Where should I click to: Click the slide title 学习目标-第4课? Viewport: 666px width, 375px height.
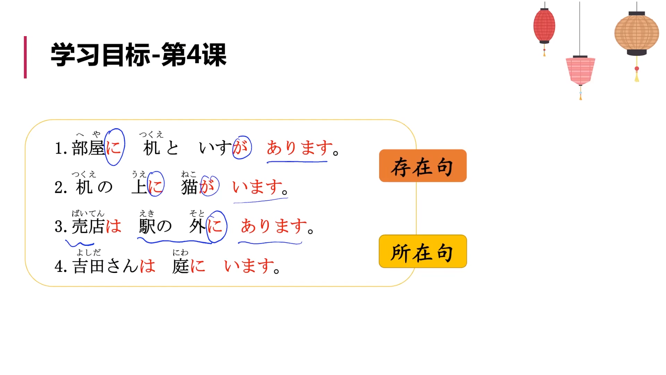(139, 55)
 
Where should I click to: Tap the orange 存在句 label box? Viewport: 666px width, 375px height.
(422, 166)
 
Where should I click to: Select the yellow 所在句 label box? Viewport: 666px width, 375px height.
(422, 251)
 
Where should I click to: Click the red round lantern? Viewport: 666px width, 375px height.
(544, 26)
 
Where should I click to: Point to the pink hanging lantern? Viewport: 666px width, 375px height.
(580, 70)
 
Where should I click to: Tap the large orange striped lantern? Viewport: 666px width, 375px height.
(637, 34)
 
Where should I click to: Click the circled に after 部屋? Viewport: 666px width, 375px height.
(114, 148)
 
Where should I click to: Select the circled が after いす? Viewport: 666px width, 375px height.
(241, 147)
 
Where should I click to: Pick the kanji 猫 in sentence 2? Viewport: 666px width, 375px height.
(189, 187)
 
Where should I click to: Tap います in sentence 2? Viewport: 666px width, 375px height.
(257, 187)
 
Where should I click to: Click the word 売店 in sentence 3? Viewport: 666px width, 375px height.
(88, 226)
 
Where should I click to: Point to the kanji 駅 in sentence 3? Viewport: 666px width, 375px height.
(147, 226)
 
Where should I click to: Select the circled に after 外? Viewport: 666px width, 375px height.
(216, 226)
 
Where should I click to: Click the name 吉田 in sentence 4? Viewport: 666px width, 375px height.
(88, 266)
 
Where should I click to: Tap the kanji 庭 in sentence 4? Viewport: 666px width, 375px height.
(180, 266)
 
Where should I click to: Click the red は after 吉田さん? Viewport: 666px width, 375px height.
(147, 266)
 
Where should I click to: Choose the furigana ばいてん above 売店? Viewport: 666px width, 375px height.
(88, 213)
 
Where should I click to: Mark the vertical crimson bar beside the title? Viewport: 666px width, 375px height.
(25, 57)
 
